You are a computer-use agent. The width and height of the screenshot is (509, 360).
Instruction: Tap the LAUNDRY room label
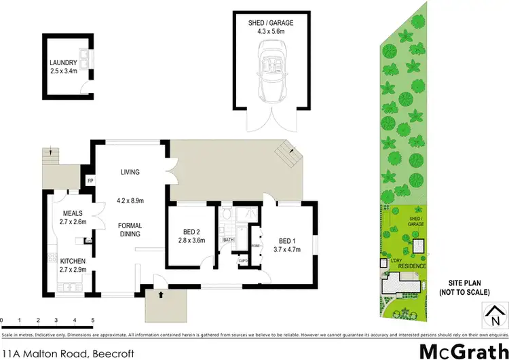click(64, 66)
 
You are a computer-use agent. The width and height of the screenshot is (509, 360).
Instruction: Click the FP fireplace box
click(90, 181)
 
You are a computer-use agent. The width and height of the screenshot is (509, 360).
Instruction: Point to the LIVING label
click(129, 172)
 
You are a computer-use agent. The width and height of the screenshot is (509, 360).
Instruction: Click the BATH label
click(229, 239)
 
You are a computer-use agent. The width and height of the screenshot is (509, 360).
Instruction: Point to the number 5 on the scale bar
click(92, 319)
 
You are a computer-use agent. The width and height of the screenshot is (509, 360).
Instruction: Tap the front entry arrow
click(161, 295)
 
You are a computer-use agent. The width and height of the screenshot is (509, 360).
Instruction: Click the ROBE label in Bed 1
click(256, 246)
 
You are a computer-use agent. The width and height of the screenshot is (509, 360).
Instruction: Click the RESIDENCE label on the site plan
click(413, 266)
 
